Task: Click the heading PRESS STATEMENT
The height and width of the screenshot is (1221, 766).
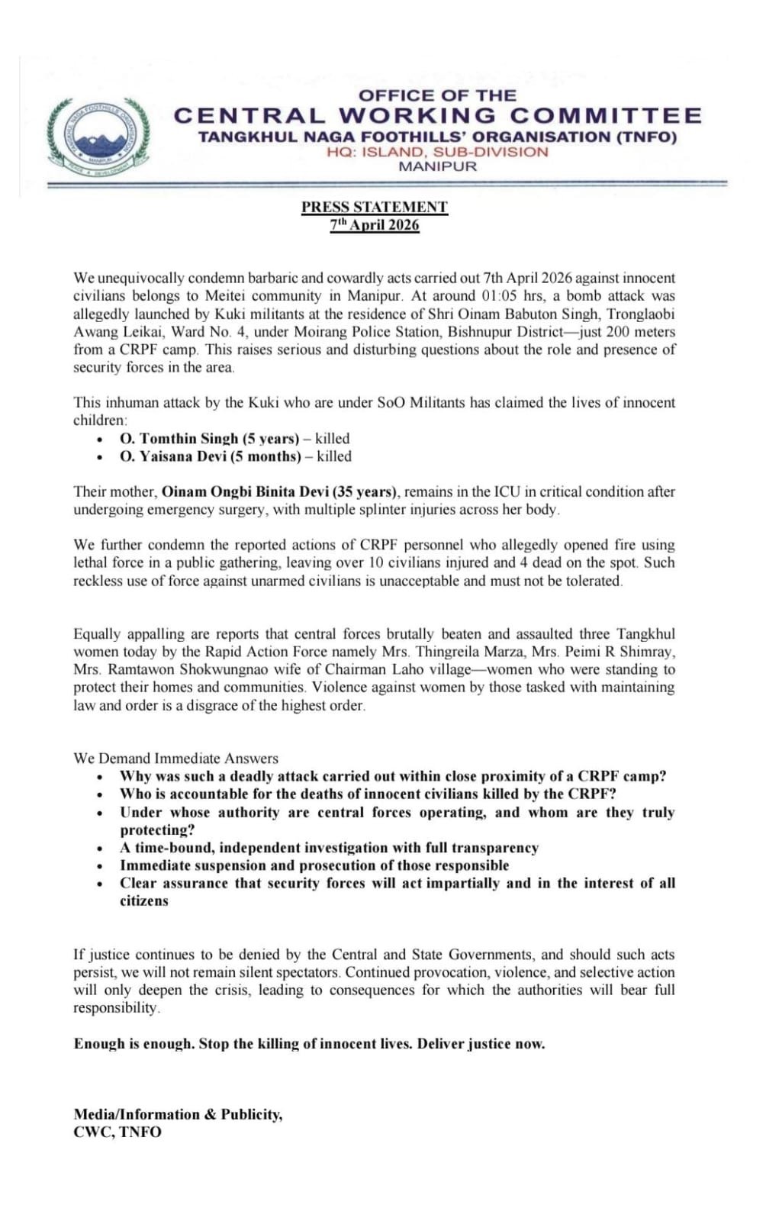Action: pos(374,207)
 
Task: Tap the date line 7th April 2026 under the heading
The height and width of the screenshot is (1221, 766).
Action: pos(374,224)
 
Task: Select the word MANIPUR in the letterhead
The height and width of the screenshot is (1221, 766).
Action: pos(437,166)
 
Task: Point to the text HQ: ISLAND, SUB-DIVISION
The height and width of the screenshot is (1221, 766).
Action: pos(437,152)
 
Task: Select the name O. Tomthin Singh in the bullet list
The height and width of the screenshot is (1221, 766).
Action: pos(179,439)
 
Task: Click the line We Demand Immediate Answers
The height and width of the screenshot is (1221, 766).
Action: pos(175,759)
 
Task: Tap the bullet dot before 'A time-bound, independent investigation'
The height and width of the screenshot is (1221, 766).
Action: pos(100,849)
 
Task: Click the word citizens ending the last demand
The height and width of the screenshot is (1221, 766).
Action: pos(143,901)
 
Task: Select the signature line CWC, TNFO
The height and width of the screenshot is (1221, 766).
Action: pos(117,1132)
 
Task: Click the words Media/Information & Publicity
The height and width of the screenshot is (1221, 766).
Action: pos(178,1115)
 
